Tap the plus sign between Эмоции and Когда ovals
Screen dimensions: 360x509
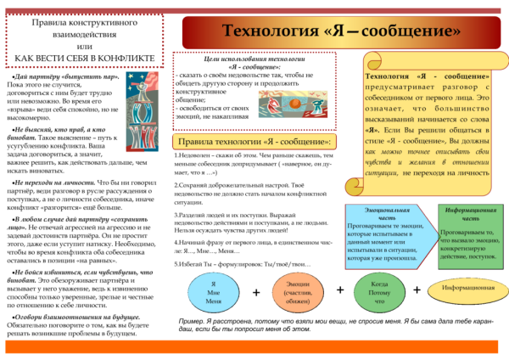tap(340, 290)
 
